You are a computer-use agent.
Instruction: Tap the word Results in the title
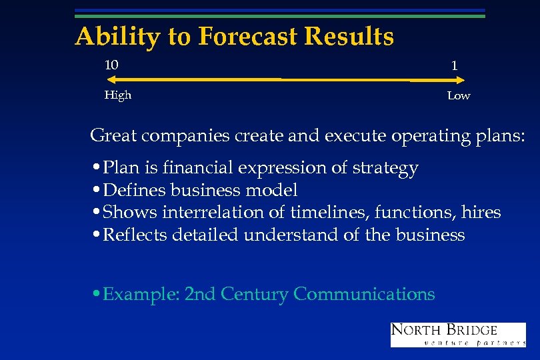tap(348, 37)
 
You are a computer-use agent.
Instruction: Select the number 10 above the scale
tap(111, 65)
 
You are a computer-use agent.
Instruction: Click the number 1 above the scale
tap(454, 66)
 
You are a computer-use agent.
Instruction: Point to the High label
tap(118, 95)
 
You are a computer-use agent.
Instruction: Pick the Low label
tap(459, 96)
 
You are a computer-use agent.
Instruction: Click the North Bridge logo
tap(457, 335)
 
